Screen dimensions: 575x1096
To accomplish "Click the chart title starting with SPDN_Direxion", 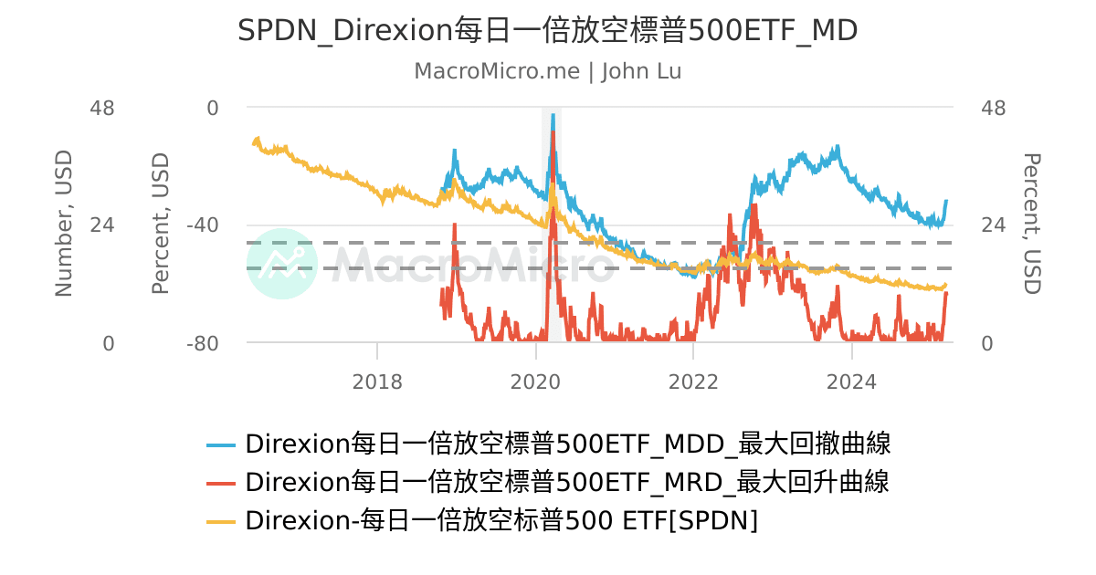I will (547, 30).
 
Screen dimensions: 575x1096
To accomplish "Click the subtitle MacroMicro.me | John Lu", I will (547, 71).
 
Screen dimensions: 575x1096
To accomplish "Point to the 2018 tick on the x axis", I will (377, 382).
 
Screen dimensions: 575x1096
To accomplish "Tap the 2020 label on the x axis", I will (535, 382).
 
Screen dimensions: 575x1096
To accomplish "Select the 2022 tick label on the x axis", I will (693, 382).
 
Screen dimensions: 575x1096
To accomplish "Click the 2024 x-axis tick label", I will (851, 382).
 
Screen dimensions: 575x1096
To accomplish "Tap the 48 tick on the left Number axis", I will (101, 108).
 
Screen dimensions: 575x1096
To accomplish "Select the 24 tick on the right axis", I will (993, 225).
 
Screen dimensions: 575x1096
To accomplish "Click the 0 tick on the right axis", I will (987, 344).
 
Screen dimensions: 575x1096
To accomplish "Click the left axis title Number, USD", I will (63, 224).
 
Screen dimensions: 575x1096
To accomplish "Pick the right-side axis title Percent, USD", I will (1031, 224).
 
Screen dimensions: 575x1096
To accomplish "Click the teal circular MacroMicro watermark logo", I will (282, 264).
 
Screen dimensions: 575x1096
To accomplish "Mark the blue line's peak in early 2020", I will (553, 116).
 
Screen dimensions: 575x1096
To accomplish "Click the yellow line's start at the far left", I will (253, 142).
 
